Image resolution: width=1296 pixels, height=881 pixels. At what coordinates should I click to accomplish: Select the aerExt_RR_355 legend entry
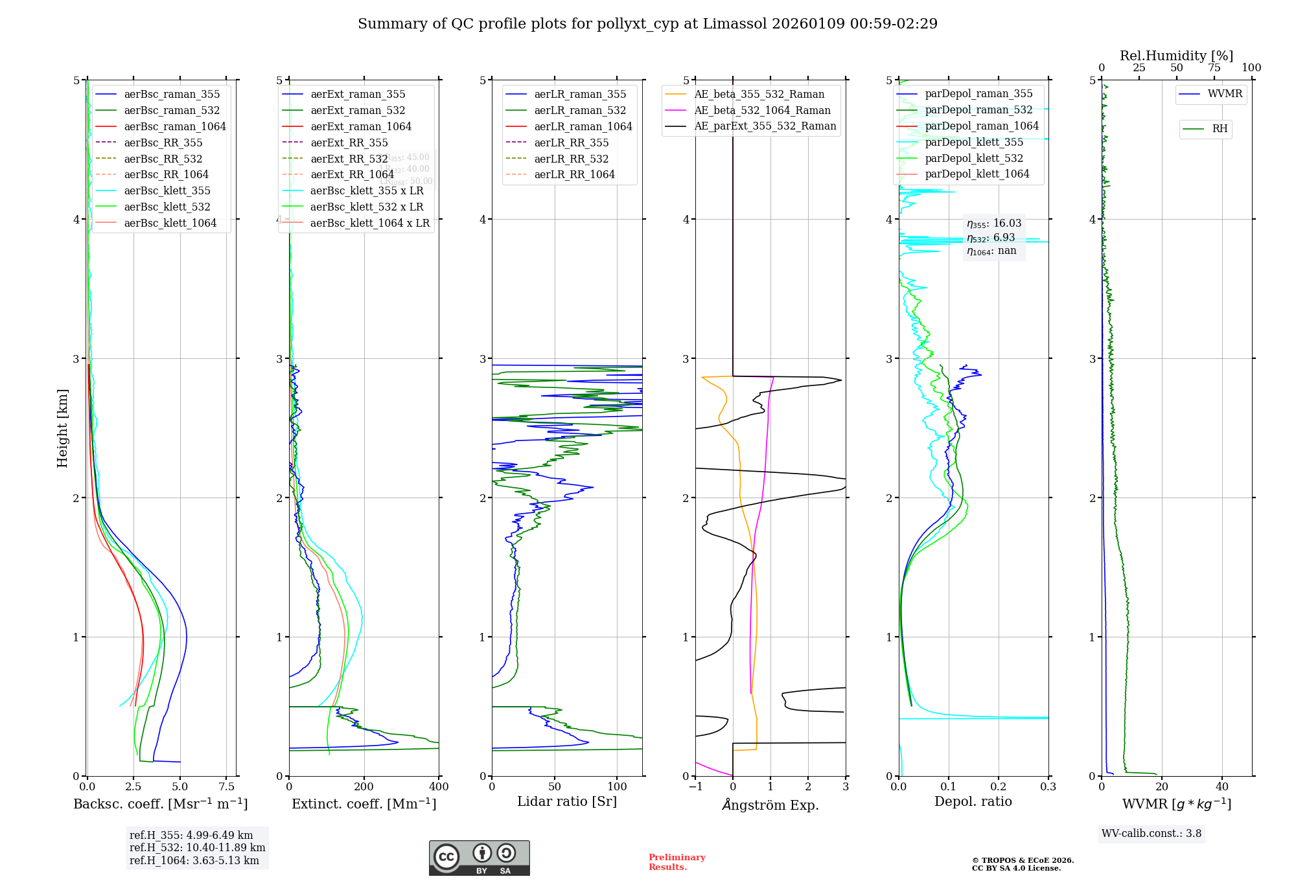coord(349,143)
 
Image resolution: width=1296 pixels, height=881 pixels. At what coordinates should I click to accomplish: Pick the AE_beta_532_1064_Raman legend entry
coord(762,110)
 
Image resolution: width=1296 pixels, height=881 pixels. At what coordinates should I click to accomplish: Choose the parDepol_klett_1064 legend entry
coord(977,174)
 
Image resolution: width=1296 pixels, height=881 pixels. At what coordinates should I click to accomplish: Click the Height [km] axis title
coord(62,428)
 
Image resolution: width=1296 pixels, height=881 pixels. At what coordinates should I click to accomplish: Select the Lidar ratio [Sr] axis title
coord(566,801)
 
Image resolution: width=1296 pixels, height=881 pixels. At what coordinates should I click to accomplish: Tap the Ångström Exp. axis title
coord(770,805)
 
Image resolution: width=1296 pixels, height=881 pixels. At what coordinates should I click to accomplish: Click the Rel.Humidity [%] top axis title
coord(1176,56)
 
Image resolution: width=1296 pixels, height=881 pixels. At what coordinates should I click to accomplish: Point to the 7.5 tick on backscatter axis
coord(226,786)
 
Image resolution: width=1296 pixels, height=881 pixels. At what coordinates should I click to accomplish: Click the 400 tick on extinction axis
coord(439,786)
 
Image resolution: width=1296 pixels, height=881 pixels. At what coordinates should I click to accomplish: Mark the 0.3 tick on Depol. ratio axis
coord(1048,786)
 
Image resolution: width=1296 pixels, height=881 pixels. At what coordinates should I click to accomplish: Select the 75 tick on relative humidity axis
coord(1214,68)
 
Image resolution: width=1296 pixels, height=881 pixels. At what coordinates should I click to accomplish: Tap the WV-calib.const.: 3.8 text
coord(1151,833)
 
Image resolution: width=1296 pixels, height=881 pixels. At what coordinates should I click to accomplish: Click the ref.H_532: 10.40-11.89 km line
coord(197,847)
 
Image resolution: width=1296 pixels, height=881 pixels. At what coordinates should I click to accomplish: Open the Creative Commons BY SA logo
coord(479,858)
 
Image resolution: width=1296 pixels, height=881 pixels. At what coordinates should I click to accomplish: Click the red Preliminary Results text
coord(677,862)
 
